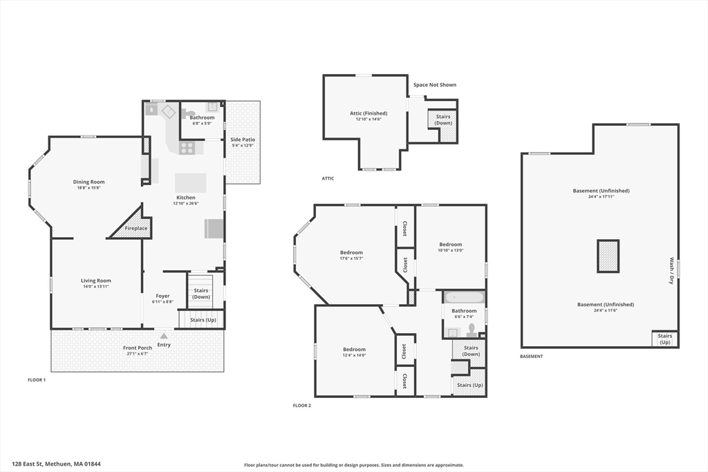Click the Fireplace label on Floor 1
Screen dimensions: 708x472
tap(136, 228)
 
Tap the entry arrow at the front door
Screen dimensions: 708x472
tap(164, 336)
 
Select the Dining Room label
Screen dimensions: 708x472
tap(89, 182)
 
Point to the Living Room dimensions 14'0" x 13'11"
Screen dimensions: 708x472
tap(95, 287)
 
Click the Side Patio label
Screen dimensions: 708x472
tap(243, 140)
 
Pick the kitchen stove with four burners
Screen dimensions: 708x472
tap(187, 148)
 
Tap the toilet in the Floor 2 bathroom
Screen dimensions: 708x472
tap(471, 330)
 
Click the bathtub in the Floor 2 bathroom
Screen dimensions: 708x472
tap(464, 298)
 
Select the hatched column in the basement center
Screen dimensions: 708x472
tap(608, 256)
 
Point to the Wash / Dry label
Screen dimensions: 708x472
tap(671, 271)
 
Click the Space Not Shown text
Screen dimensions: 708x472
tap(435, 85)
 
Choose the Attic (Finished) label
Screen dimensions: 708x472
tap(369, 113)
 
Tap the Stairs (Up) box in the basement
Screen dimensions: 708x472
tap(664, 339)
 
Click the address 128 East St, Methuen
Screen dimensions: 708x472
tap(57, 464)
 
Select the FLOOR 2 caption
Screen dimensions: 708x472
tap(302, 406)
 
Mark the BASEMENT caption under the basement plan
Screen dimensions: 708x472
tap(532, 357)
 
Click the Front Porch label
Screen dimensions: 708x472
tap(138, 348)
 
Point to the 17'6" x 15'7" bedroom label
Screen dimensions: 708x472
tap(351, 258)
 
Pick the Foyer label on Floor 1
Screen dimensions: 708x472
tap(162, 296)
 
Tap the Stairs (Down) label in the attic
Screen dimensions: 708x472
tap(443, 120)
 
